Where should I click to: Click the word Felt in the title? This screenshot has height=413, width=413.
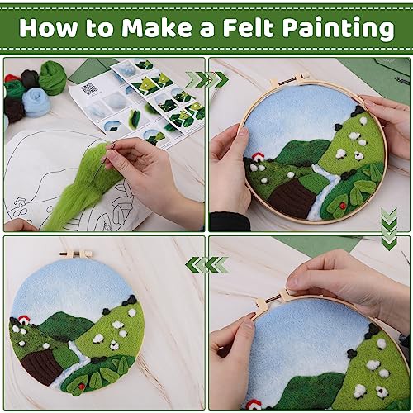pos(249,27)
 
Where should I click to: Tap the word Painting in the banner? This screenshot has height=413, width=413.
pos(339,29)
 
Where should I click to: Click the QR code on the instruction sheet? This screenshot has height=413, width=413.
pos(89,88)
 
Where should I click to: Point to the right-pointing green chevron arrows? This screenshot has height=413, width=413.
pos(207,79)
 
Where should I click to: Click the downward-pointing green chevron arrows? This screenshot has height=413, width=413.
pos(389,229)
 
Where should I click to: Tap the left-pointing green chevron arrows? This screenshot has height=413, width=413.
pos(206,264)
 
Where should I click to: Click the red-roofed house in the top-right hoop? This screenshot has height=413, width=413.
pos(259,158)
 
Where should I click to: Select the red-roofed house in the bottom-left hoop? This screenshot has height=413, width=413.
pos(24,320)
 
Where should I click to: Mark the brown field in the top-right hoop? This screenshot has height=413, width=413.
pos(292,198)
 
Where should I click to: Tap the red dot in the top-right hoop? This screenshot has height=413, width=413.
pos(342,205)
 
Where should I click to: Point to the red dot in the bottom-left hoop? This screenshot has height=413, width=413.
pos(81,387)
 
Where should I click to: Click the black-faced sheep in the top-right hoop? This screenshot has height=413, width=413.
pos(358,156)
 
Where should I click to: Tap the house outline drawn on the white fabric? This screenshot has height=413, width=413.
pos(19,203)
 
